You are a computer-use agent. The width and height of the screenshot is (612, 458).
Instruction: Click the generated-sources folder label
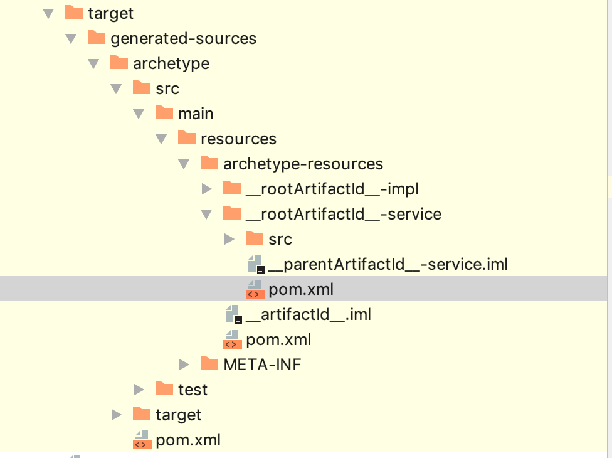pyautogui.click(x=183, y=38)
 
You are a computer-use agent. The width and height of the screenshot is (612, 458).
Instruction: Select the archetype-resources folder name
pyautogui.click(x=303, y=164)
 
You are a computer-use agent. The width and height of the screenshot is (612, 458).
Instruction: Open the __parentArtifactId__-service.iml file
pyautogui.click(x=388, y=264)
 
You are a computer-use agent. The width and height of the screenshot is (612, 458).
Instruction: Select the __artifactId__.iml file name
pyautogui.click(x=308, y=314)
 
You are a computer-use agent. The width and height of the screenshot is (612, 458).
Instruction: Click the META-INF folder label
pyautogui.click(x=262, y=365)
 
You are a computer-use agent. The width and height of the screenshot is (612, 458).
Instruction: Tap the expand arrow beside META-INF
pyautogui.click(x=184, y=365)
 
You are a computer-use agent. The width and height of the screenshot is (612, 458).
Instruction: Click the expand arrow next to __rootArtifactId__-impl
pyautogui.click(x=207, y=189)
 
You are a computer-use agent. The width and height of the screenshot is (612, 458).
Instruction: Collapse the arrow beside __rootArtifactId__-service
pyautogui.click(x=206, y=215)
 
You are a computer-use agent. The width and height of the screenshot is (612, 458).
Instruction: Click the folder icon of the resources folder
pyautogui.click(x=187, y=138)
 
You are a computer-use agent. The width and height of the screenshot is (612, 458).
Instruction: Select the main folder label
pyautogui.click(x=196, y=114)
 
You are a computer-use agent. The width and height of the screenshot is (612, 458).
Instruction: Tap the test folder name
pyautogui.click(x=193, y=390)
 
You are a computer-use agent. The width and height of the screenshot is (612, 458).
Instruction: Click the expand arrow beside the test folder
pyautogui.click(x=139, y=390)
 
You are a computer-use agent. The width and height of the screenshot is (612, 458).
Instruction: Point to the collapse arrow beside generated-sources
pyautogui.click(x=71, y=39)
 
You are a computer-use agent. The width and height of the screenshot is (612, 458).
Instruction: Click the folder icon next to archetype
pyautogui.click(x=119, y=63)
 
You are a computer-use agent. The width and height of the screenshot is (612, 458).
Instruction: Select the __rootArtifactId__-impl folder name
pyautogui.click(x=332, y=189)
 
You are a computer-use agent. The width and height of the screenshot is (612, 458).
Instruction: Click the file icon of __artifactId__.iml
pyautogui.click(x=233, y=314)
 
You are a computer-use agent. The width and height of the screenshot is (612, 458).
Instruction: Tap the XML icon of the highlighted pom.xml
pyautogui.click(x=255, y=289)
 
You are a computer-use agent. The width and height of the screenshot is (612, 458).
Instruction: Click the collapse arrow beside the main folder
pyautogui.click(x=139, y=114)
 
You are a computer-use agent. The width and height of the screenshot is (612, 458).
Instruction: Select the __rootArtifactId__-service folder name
pyautogui.click(x=344, y=214)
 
